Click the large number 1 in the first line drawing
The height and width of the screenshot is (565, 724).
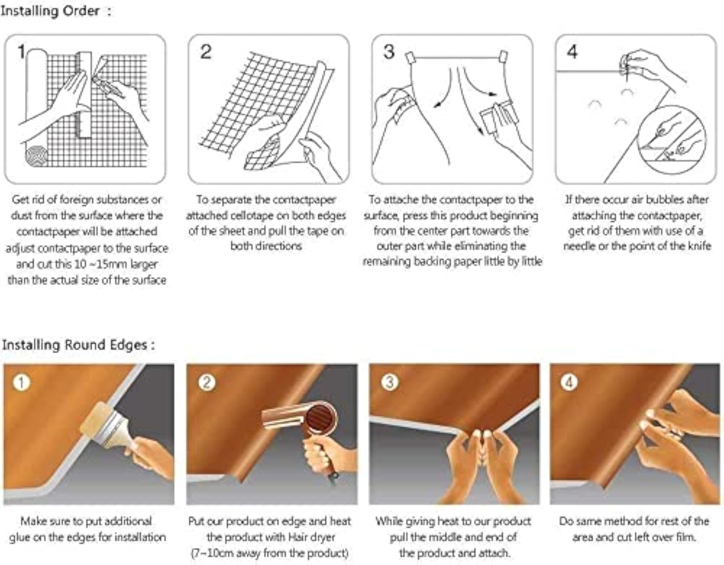22,51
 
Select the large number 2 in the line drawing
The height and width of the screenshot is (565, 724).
206,52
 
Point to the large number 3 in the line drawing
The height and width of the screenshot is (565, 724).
389,52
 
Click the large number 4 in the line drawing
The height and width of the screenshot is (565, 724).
572,51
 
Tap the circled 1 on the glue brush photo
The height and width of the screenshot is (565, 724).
21,382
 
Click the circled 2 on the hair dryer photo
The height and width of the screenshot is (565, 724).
207,382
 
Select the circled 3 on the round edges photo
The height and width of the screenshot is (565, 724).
390,382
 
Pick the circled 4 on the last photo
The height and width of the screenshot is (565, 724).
569,382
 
